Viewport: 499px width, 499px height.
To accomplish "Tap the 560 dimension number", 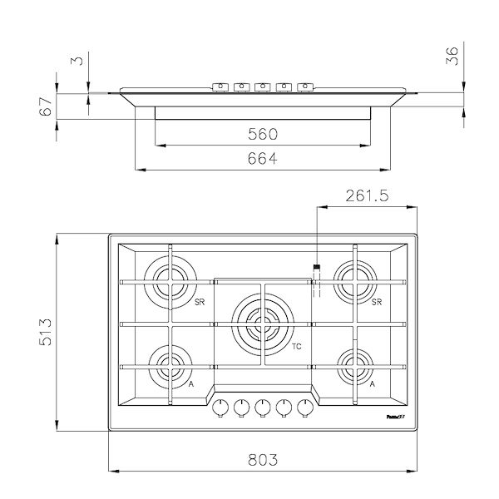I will coord(263,134).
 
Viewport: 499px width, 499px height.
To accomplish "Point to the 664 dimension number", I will coord(263,159).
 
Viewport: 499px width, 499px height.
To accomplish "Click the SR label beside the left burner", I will coord(200,301).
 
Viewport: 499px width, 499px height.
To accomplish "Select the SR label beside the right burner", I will coord(376,301).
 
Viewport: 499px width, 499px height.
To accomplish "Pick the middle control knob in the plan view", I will coord(263,407).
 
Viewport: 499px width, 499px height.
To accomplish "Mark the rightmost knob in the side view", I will coord(306,86).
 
